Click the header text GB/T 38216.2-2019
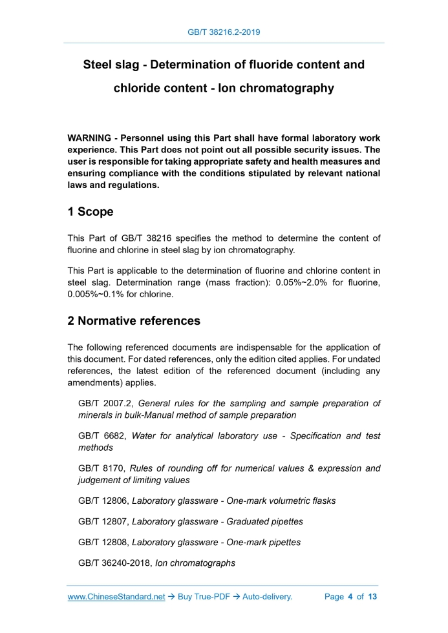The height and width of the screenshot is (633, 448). click(224, 31)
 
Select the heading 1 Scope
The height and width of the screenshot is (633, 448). click(91, 212)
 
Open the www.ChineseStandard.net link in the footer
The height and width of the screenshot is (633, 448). click(116, 597)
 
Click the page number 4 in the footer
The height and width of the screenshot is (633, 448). click(350, 597)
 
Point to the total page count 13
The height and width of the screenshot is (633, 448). click(372, 597)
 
